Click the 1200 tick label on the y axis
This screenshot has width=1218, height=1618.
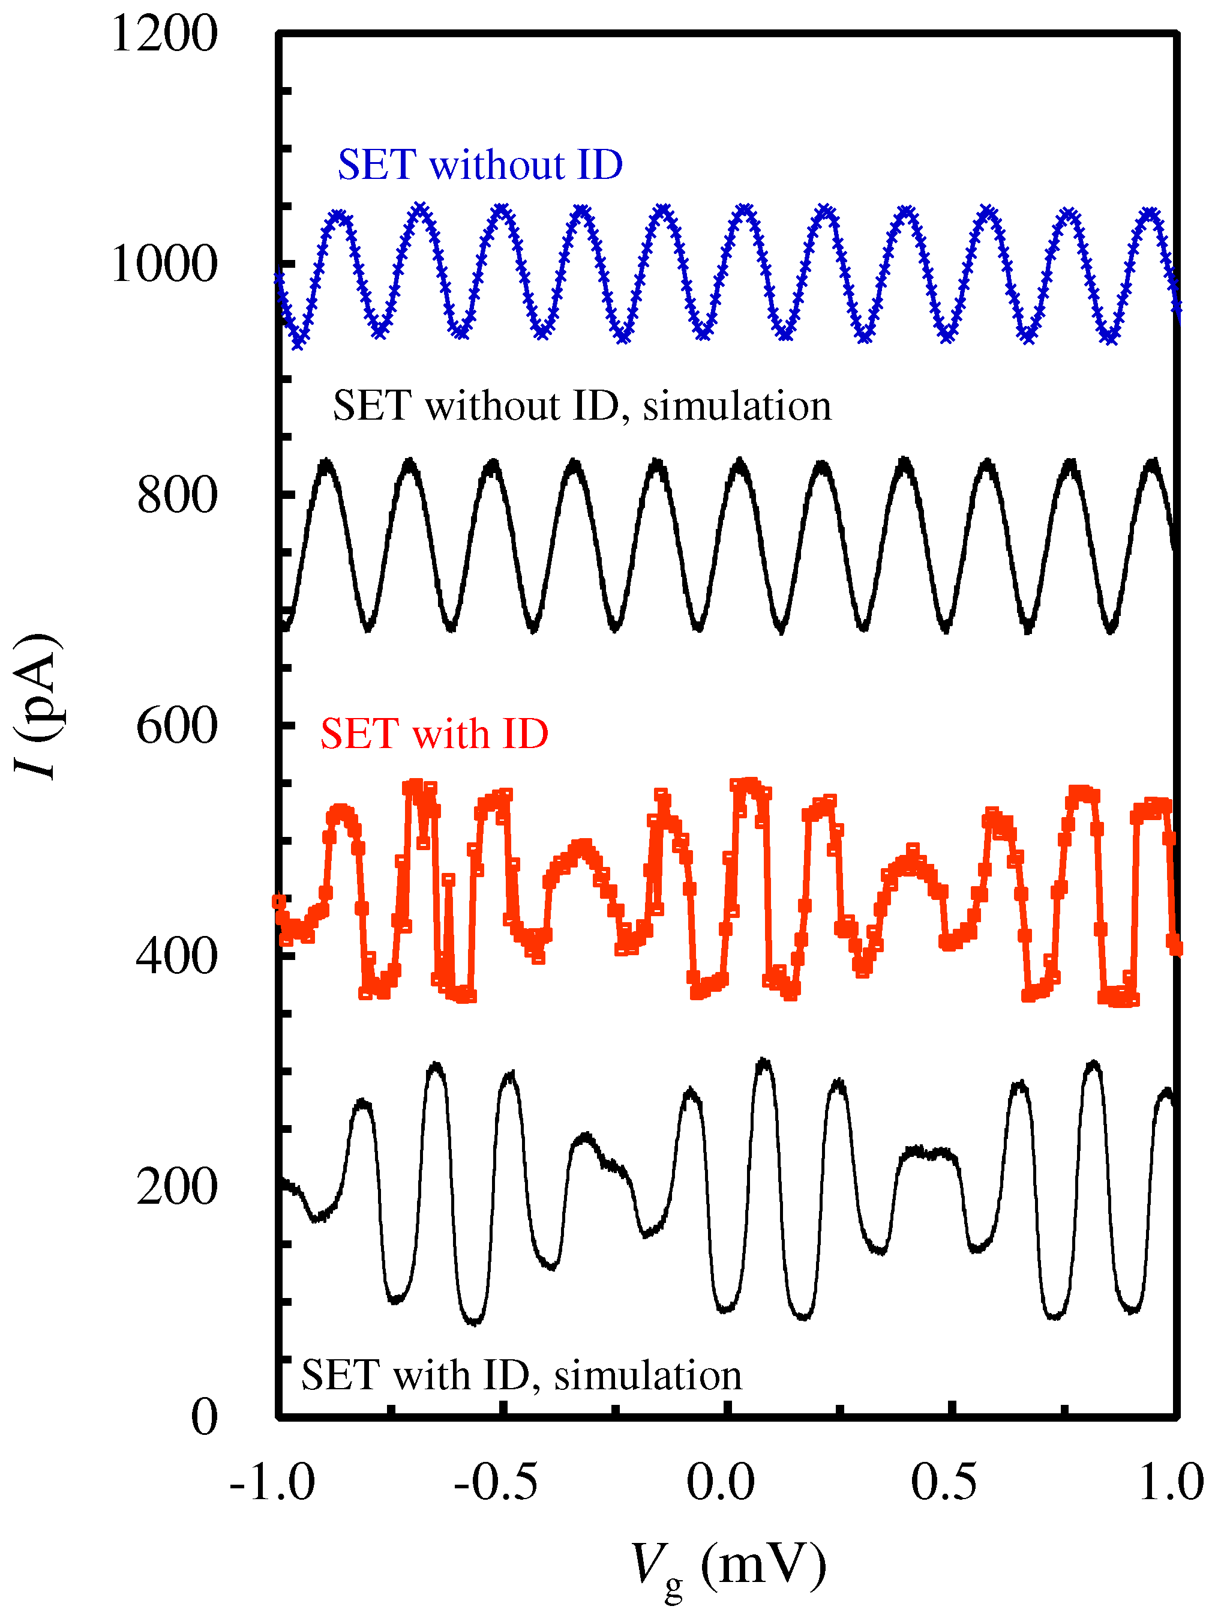coord(164,34)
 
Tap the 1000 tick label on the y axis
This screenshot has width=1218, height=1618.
coord(164,264)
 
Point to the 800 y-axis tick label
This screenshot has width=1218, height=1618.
coord(177,495)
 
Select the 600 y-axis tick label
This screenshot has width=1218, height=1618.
coord(177,726)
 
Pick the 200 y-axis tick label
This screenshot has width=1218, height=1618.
coord(177,1186)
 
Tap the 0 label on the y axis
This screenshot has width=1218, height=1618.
coord(204,1417)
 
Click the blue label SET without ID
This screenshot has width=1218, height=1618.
coord(479,165)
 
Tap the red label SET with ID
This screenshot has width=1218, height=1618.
coord(434,734)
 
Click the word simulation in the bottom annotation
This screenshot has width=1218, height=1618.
coord(648,1375)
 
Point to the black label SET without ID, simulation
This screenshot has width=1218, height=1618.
coord(582,406)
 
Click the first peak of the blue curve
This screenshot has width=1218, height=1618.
coord(339,215)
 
